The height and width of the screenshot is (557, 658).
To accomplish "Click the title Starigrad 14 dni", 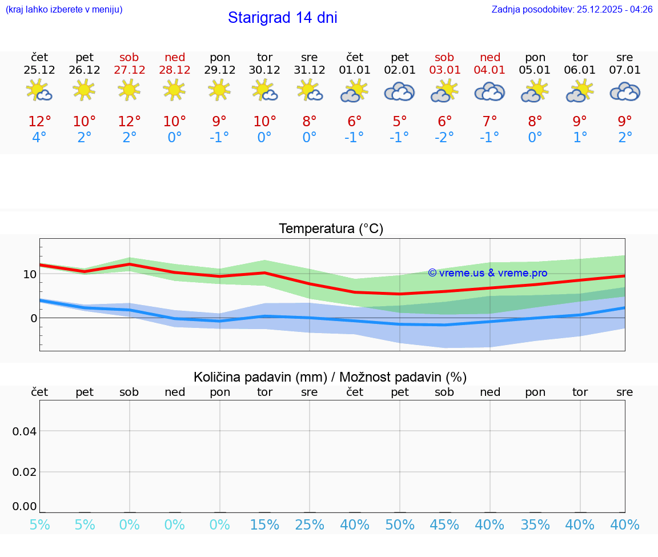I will [x=282, y=18].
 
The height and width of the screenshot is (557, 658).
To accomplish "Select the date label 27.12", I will [x=129, y=70].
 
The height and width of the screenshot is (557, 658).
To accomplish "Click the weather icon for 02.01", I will [x=399, y=91].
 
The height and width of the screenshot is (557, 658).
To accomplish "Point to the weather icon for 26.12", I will [x=84, y=90].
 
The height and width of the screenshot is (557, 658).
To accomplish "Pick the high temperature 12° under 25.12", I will [x=39, y=121].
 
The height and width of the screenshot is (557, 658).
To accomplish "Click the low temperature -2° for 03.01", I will [x=444, y=138].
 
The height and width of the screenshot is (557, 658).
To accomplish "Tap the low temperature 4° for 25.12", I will [x=39, y=138].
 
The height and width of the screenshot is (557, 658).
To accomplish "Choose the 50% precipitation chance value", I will [x=399, y=524].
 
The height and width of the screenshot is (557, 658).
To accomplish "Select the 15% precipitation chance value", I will [x=264, y=524].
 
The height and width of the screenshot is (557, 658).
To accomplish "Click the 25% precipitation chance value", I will [x=309, y=524].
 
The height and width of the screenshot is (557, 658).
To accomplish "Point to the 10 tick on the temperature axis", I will [x=30, y=274].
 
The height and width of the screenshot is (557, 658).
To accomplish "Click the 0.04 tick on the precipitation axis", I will [x=25, y=431].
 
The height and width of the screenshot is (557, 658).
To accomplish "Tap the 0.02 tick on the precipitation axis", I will [x=25, y=472].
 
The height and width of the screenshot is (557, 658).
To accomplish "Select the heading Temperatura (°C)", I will [x=331, y=229].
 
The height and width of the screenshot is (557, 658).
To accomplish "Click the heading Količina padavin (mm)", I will [x=260, y=377].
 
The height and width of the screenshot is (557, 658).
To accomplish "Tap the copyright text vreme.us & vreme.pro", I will [x=488, y=273].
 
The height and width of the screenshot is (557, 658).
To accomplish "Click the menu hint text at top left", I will [x=64, y=10].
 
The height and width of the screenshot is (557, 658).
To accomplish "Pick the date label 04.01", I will [x=490, y=70].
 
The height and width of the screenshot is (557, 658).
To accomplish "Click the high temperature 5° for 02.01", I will [x=399, y=121].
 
